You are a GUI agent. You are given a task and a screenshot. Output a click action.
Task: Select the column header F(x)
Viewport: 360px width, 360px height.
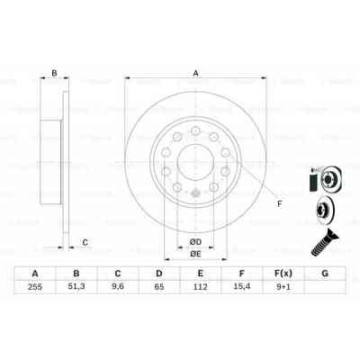[x=282, y=274]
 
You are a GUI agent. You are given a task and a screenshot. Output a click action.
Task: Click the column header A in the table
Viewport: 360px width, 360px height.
[x=35, y=274]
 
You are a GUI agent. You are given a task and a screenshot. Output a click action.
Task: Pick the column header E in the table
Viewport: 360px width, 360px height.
[x=199, y=274]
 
